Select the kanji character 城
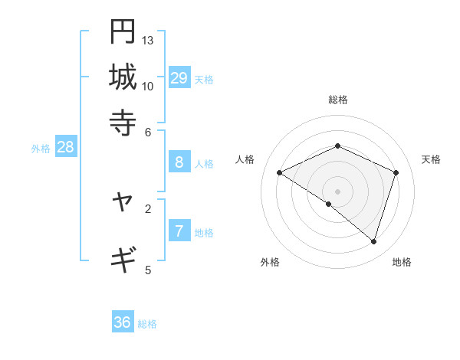tap(123, 77)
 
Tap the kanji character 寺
tap(123, 122)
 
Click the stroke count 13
tap(148, 40)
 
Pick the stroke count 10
tap(148, 86)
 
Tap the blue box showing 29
tap(179, 77)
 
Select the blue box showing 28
tap(65, 147)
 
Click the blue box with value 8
tap(179, 162)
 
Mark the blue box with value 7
tap(179, 231)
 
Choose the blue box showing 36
tap(122, 322)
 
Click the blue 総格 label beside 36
tap(147, 324)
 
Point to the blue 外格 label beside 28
tap(41, 149)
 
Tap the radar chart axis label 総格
tap(338, 100)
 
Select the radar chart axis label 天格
tap(431, 159)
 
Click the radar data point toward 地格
tap(373, 241)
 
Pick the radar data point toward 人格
tap(280, 173)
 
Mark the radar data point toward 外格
tap(329, 205)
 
